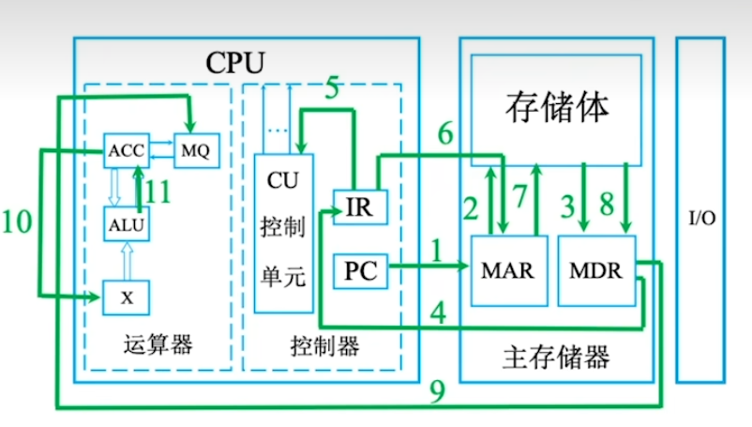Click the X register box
pyautogui.click(x=126, y=297)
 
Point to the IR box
pyautogui.click(x=358, y=207)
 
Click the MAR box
pyautogui.click(x=506, y=270)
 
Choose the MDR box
pyautogui.click(x=596, y=270)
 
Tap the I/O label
pyautogui.click(x=702, y=218)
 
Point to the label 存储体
pyautogui.click(x=556, y=108)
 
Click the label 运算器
pyautogui.click(x=158, y=344)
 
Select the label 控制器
pyautogui.click(x=324, y=344)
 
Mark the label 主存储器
pyautogui.click(x=556, y=357)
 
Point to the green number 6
pyautogui.click(x=445, y=133)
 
